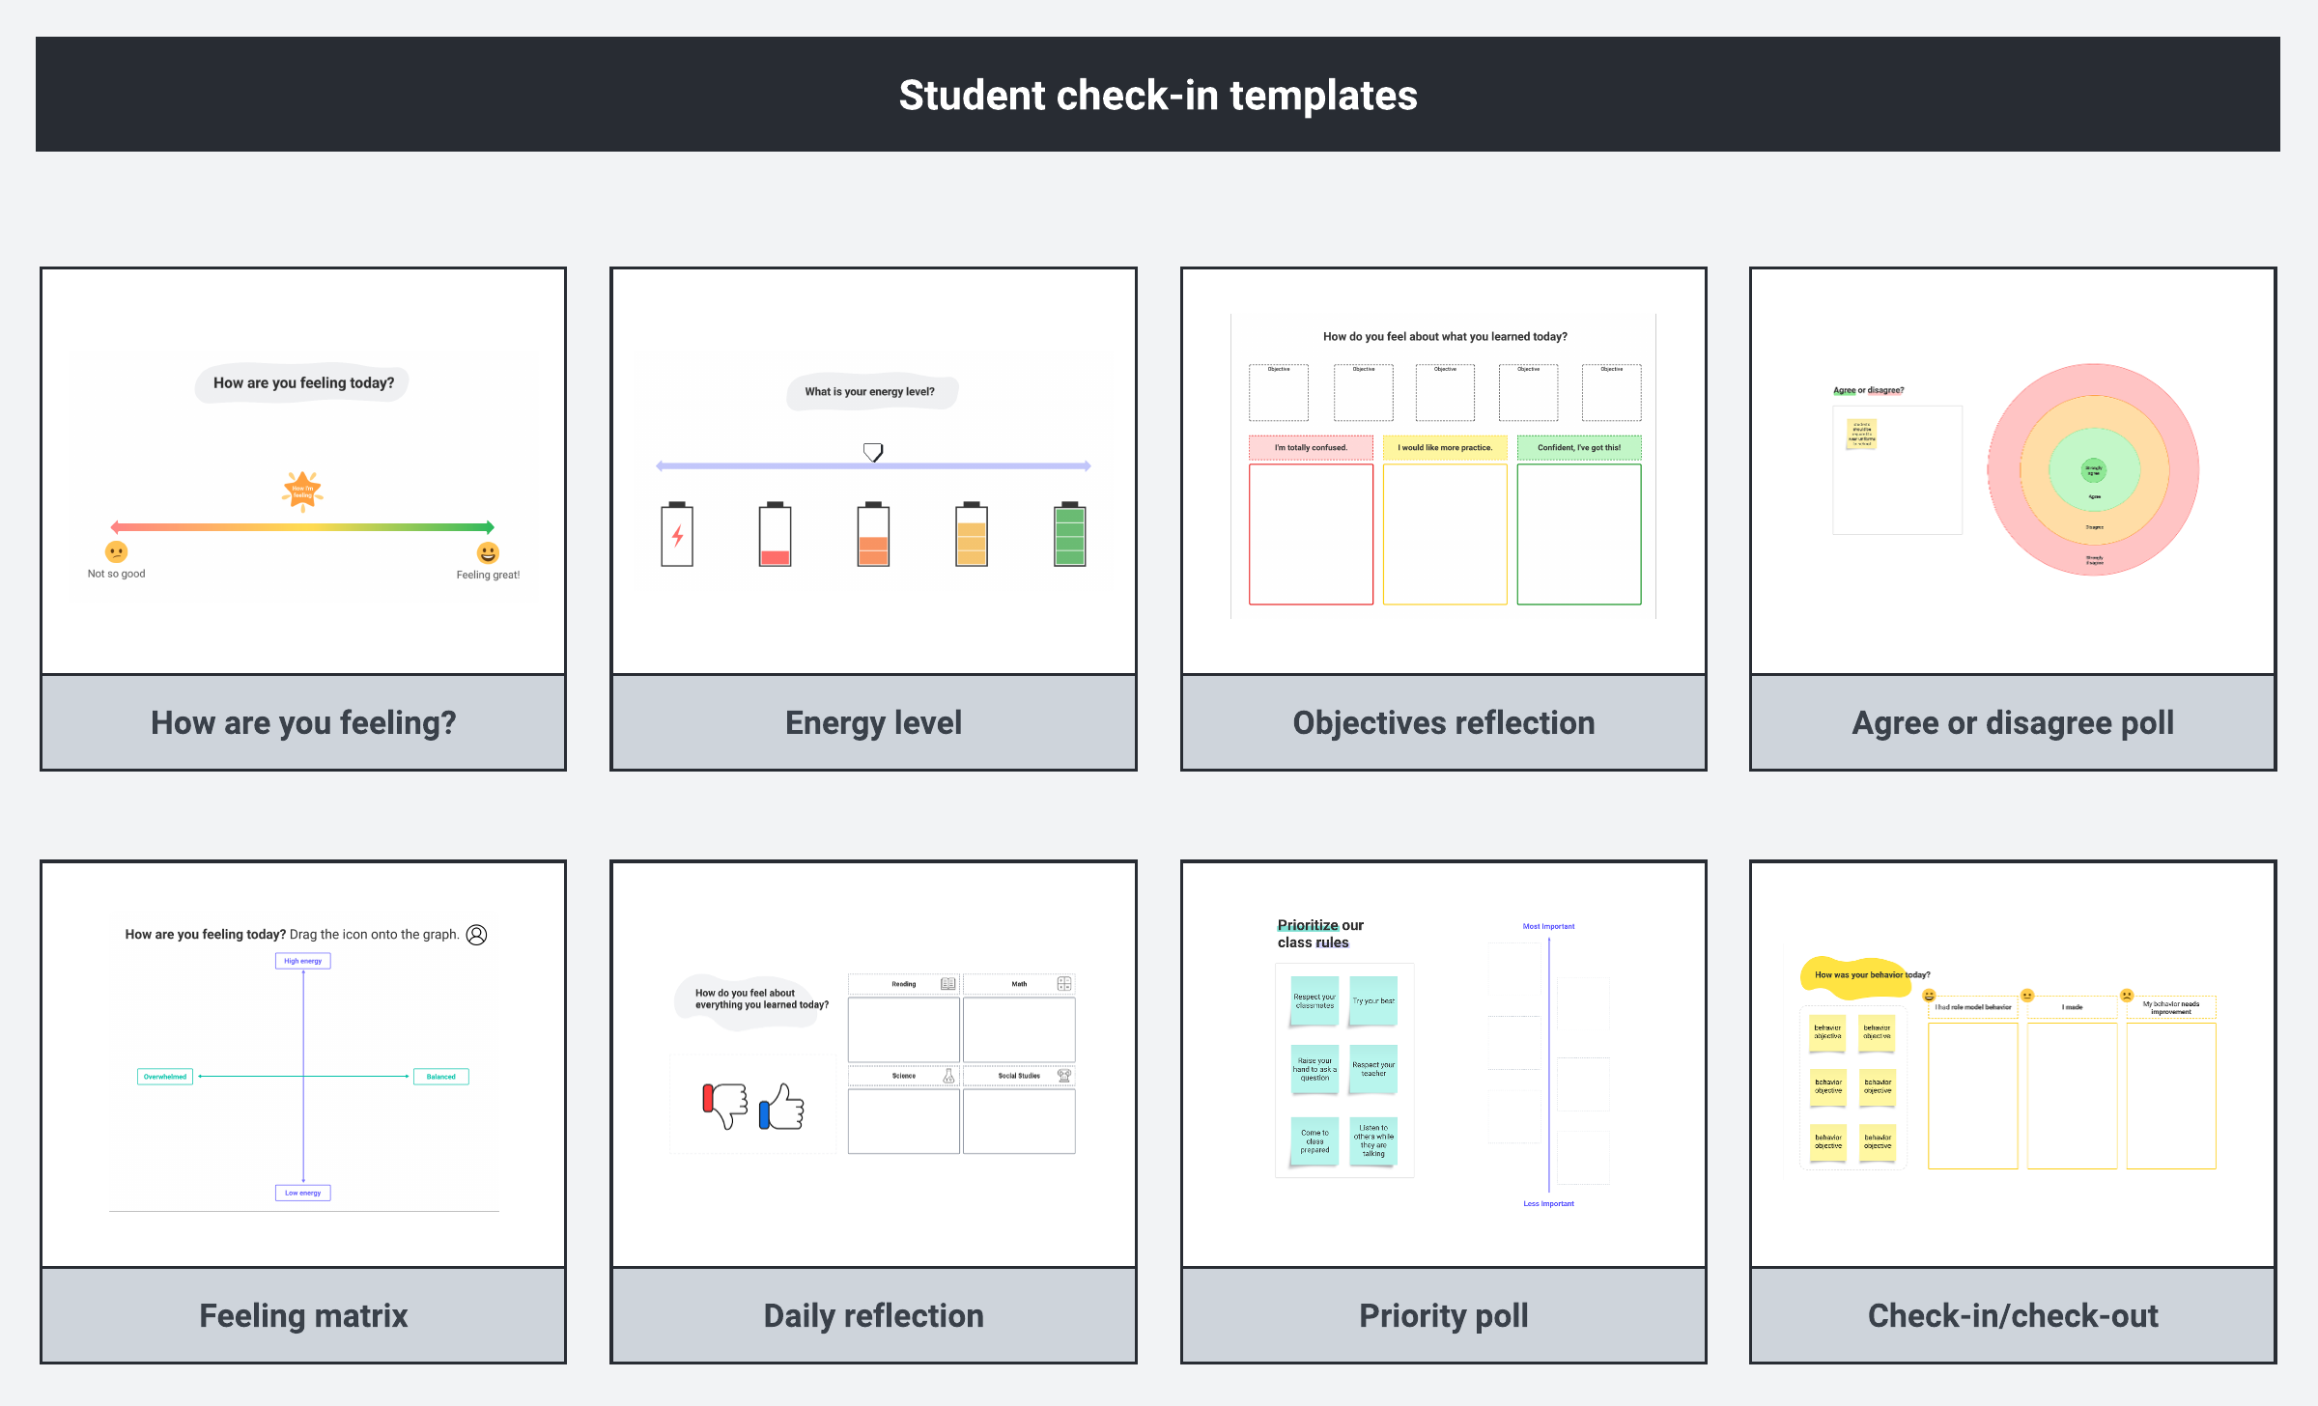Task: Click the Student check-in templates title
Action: [1157, 96]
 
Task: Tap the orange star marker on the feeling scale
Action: [302, 491]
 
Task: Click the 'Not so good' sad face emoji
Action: [116, 551]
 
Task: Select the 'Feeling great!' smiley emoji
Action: [488, 552]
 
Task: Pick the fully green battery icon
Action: [1069, 534]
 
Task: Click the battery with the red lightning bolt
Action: [677, 534]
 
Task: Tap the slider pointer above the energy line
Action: [873, 451]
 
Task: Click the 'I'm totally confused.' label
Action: [1311, 447]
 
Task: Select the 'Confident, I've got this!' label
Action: [1578, 447]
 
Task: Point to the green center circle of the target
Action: [2093, 470]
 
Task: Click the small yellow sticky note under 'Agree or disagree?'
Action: [1861, 434]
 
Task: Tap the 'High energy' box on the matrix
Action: [302, 961]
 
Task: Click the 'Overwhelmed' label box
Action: [165, 1076]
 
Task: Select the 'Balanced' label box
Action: [440, 1076]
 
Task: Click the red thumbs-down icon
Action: [725, 1105]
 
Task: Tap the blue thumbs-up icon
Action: [782, 1108]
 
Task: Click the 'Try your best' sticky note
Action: [1373, 1000]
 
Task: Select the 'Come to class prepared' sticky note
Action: [1314, 1141]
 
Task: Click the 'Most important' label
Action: [1548, 926]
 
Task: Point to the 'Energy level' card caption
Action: [873, 722]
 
